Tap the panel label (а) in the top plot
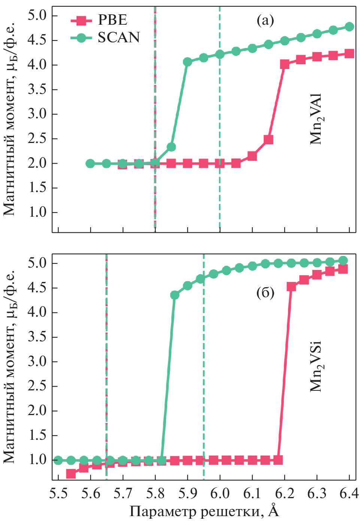pos(265,20)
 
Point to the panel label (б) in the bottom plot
pos(265,293)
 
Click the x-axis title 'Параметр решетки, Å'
pos(204,511)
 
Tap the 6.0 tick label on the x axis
pos(220,494)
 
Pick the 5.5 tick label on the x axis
pos(58,494)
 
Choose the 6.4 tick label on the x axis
pos(349,494)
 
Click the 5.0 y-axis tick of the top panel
pos(37,16)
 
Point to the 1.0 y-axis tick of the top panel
pos(37,212)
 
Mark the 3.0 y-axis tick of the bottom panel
pos(37,362)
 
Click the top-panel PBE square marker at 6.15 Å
pos(268,140)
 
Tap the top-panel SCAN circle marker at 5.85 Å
pos(171,147)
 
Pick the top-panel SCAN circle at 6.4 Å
pos(350,27)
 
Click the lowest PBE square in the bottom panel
pos(71,474)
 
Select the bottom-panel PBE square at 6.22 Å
pos(291,287)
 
